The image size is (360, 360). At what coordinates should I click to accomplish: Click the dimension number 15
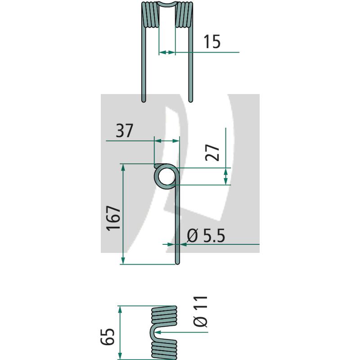tap(212, 41)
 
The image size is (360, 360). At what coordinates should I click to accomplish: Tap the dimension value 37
tap(125, 130)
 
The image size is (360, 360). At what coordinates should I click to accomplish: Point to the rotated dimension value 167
tap(113, 218)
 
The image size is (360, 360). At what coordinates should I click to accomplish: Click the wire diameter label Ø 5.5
tap(206, 235)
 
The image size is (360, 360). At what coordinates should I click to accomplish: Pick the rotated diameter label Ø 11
tap(201, 311)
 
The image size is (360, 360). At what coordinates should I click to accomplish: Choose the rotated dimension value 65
tap(108, 337)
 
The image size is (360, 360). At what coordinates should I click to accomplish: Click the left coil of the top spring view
tap(150, 15)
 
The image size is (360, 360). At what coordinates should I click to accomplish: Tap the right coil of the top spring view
tap(184, 15)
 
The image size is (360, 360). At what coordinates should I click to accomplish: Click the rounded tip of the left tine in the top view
tap(144, 100)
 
